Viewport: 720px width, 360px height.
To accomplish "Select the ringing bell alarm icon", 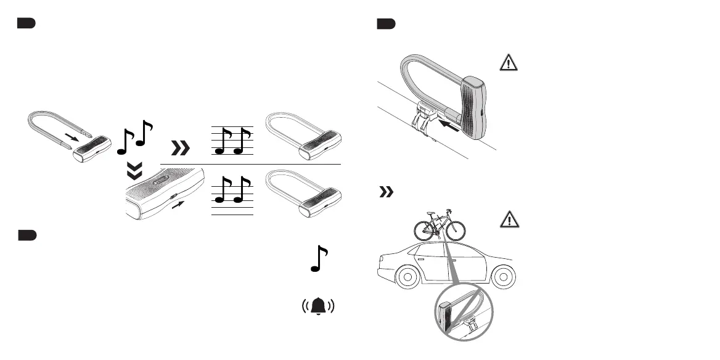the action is point(318,306).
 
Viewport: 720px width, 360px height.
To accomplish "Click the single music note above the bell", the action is point(318,259).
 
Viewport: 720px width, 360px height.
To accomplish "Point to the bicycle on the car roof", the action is point(439,225).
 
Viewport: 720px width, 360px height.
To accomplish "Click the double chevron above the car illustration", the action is point(387,192).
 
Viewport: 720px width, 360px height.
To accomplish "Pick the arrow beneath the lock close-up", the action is point(178,204).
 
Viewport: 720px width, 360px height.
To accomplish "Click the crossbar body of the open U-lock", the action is point(91,149).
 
